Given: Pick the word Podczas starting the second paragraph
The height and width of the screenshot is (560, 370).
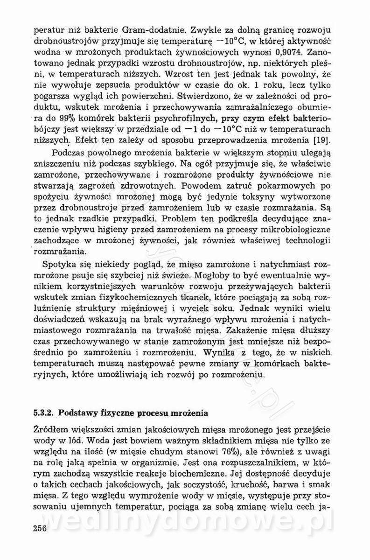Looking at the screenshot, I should (67, 153).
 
